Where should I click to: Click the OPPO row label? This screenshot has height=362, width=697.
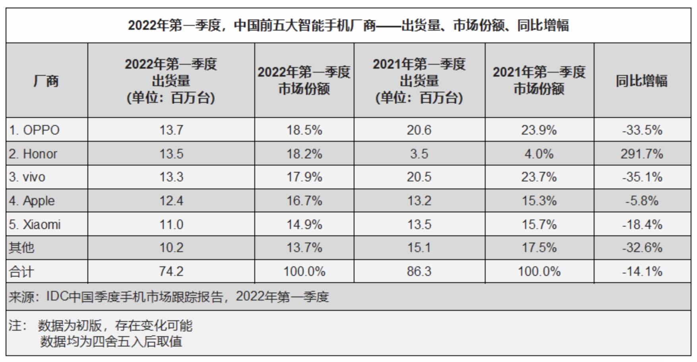click(34, 130)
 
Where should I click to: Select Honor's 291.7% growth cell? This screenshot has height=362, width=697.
click(642, 154)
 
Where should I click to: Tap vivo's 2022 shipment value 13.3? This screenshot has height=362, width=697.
click(171, 177)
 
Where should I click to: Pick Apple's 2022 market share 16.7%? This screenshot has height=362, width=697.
click(304, 201)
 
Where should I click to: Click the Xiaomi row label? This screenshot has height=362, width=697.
click(35, 225)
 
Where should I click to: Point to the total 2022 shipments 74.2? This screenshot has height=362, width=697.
click(171, 271)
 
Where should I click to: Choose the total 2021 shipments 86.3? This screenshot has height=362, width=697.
click(419, 271)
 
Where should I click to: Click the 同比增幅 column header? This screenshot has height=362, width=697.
click(641, 81)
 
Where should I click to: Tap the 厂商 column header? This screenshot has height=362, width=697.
click(46, 81)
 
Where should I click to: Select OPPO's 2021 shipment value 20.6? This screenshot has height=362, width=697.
click(419, 130)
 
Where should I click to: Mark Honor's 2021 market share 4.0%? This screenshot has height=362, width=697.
click(539, 154)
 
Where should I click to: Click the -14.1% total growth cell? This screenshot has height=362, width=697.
click(642, 271)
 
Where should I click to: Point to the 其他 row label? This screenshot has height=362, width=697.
click(22, 248)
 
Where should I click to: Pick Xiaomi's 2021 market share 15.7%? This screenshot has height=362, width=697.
click(539, 225)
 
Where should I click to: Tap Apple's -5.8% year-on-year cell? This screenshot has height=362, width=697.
click(642, 201)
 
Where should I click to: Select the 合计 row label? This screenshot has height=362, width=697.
click(22, 272)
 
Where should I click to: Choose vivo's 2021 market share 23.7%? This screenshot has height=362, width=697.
click(539, 177)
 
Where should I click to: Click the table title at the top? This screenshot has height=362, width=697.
click(348, 25)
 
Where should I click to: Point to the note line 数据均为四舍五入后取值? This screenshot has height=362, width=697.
click(111, 342)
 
